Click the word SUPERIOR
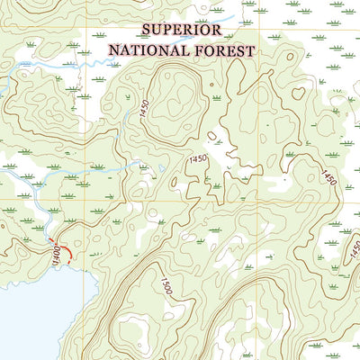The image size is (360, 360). (x=183, y=30)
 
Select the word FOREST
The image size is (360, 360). (x=223, y=50)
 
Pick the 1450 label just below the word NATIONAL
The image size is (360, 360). (x=145, y=108)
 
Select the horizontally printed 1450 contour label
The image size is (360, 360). (x=197, y=159)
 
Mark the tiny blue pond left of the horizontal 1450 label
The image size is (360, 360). (x=161, y=167)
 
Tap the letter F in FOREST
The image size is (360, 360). (x=194, y=50)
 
